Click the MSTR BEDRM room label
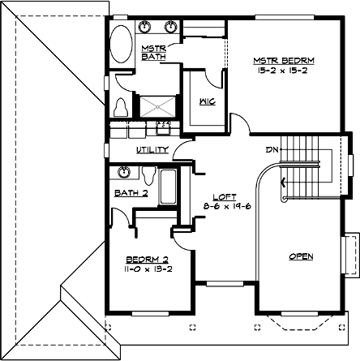pyautogui.click(x=284, y=61)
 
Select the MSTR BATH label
pyautogui.click(x=153, y=54)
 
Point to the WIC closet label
pyautogui.click(x=206, y=102)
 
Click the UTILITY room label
pyautogui.click(x=152, y=150)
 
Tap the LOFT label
pyautogui.click(x=224, y=197)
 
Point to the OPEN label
pyautogui.click(x=301, y=256)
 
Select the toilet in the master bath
pyautogui.click(x=122, y=106)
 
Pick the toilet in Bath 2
pyautogui.click(x=148, y=174)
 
